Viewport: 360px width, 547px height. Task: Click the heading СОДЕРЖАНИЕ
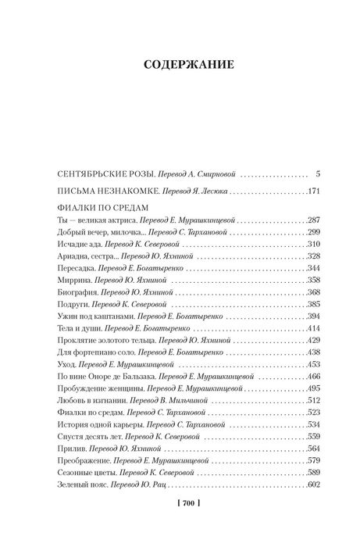click(180, 65)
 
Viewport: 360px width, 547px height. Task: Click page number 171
click(312, 191)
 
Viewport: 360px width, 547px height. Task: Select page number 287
click(312, 220)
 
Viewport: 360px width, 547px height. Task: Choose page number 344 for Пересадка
click(312, 268)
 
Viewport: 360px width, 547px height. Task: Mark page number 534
click(312, 425)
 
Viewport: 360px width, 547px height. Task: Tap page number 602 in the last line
click(312, 485)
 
